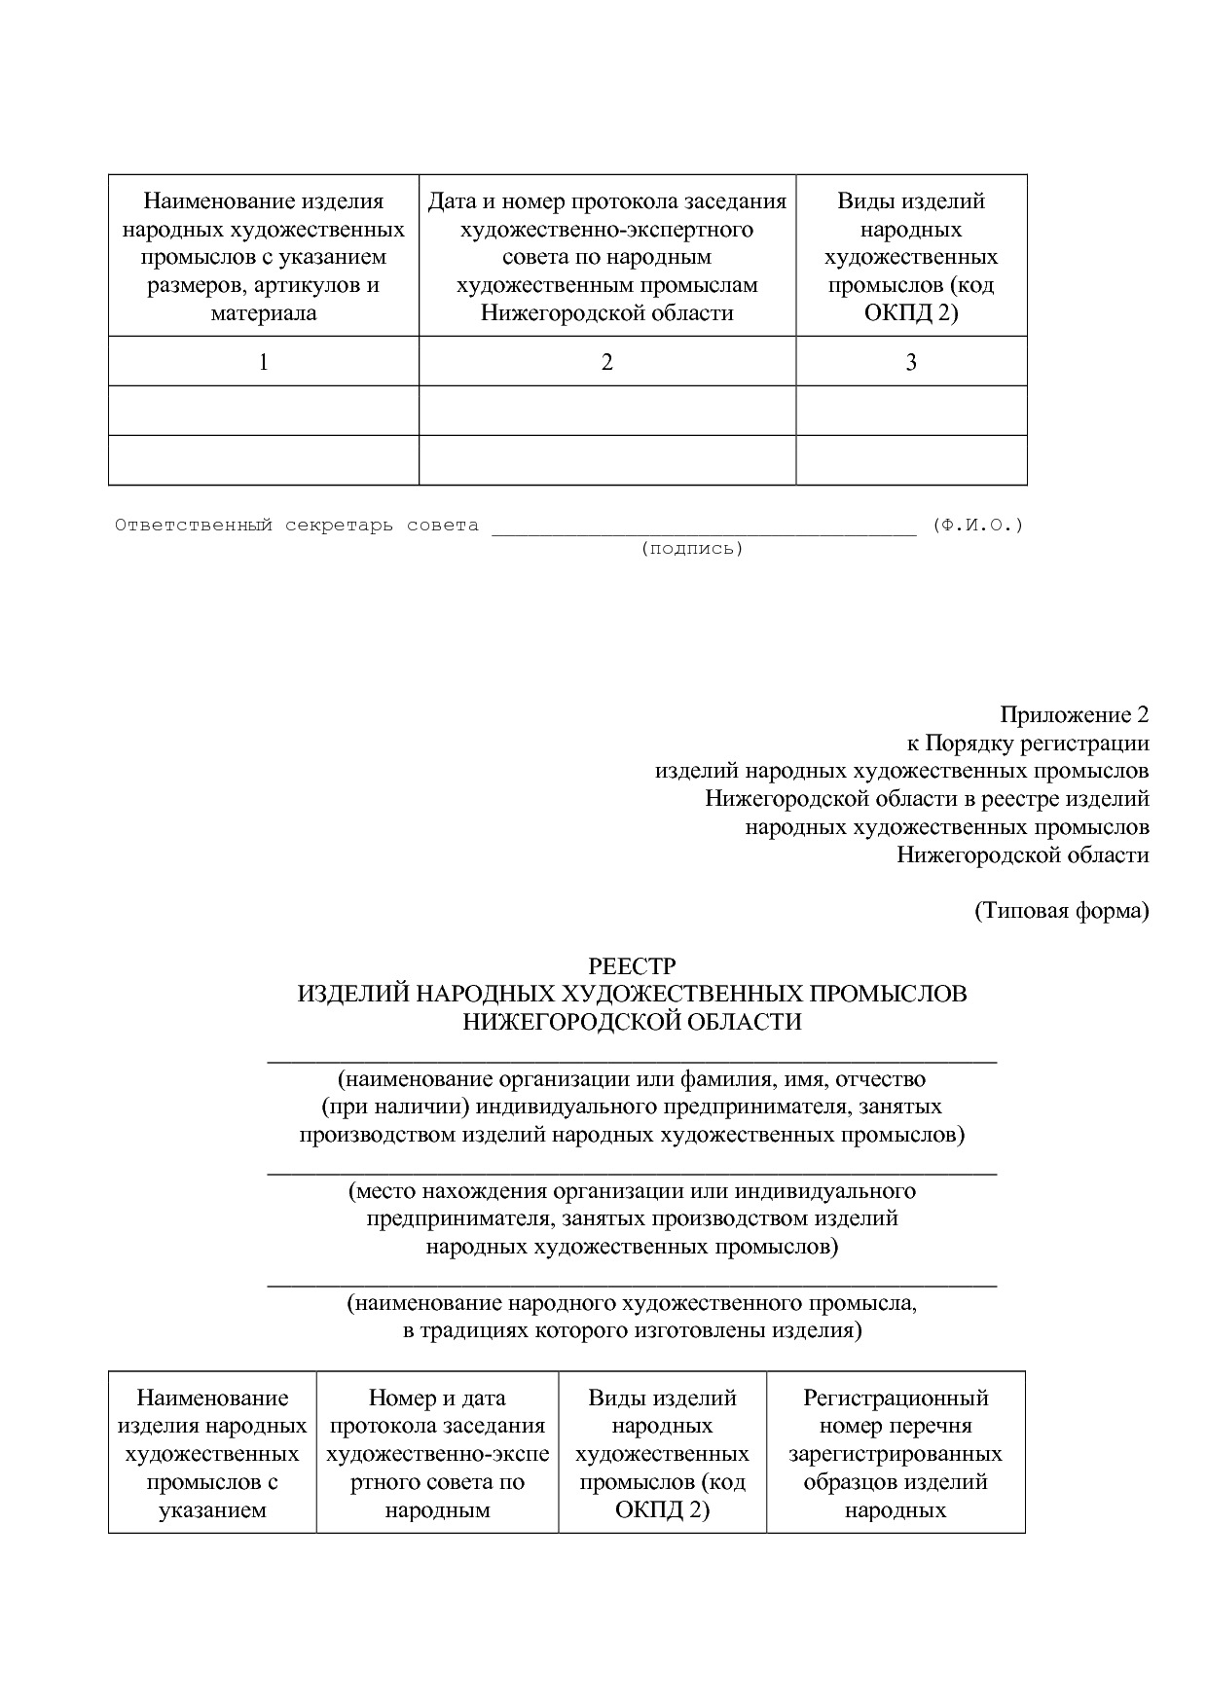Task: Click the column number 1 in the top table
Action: point(263,362)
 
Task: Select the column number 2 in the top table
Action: point(607,362)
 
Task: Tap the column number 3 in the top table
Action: point(911,362)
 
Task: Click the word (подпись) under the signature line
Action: point(692,549)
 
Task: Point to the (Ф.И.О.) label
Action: point(977,526)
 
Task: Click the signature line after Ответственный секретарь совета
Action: point(704,531)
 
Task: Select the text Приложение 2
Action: point(1074,715)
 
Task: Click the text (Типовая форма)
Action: point(1061,911)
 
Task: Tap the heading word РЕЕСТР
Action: point(632,966)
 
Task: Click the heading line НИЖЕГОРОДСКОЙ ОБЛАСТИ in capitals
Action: point(632,1022)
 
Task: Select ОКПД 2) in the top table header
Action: point(911,313)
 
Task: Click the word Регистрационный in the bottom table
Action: point(896,1398)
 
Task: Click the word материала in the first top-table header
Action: point(263,313)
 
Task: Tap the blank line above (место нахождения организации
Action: point(632,1173)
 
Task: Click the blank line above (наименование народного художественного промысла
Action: point(632,1285)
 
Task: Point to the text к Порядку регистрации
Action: point(1028,744)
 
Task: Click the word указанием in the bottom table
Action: point(212,1510)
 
